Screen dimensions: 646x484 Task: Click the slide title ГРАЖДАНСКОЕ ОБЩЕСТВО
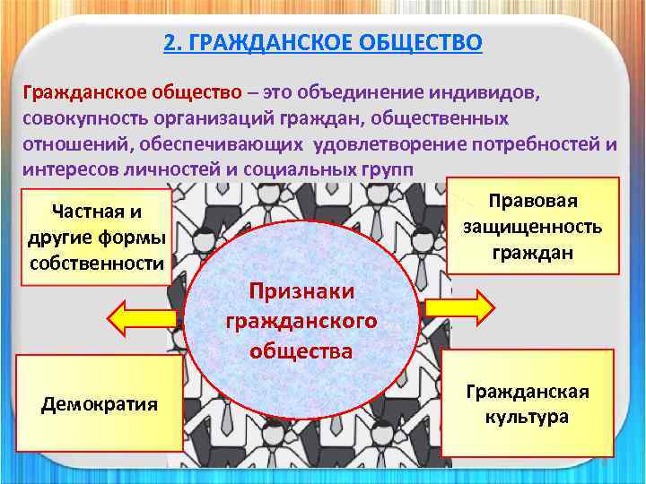(x=336, y=42)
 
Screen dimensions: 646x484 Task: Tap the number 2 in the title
(x=171, y=42)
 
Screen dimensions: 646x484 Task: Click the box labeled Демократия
(x=99, y=403)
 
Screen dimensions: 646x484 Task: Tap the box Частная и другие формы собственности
(x=97, y=237)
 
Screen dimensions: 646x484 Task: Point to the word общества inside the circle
(x=301, y=351)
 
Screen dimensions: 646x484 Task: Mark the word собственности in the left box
(x=97, y=263)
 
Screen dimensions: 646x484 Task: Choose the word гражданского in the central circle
(x=301, y=321)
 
